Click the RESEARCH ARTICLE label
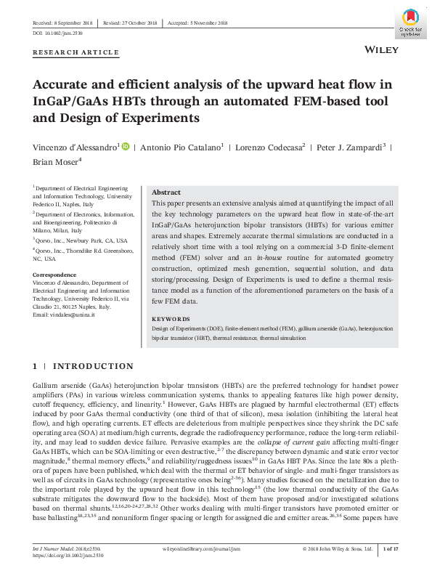pos(76,52)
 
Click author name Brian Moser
pos(55,161)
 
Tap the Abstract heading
pos(166,192)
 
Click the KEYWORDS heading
pos(170,320)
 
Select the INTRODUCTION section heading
pos(90,367)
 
